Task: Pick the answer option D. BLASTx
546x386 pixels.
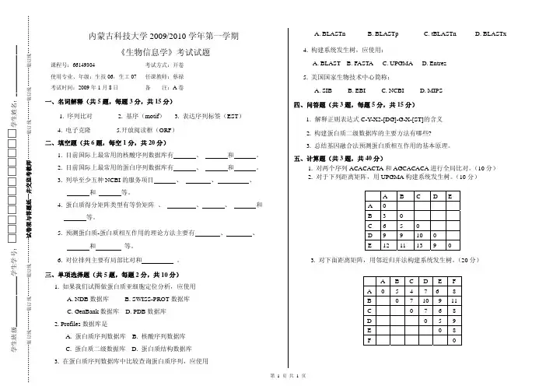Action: click(x=489, y=34)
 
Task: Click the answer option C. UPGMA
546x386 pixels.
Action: click(x=398, y=62)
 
